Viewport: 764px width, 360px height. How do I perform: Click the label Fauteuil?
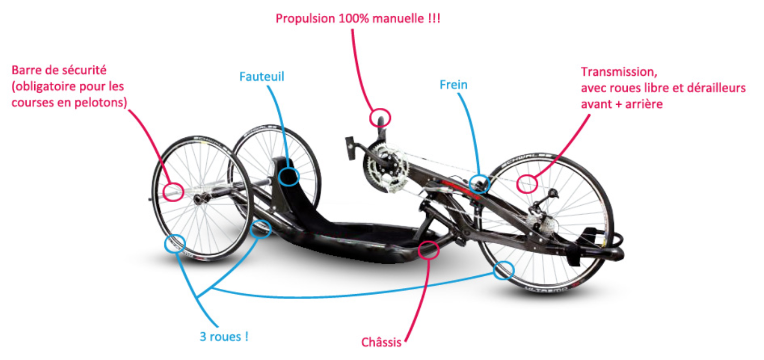pos(262,76)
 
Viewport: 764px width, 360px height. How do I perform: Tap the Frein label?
pos(453,85)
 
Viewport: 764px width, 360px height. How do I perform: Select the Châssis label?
pos(381,342)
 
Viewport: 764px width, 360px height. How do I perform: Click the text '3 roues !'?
pos(224,336)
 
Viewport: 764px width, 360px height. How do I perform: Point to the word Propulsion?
pos(305,18)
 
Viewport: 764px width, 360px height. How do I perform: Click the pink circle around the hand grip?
pos(370,118)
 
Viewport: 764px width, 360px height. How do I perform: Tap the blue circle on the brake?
pos(469,184)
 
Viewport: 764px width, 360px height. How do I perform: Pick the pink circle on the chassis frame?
pos(418,250)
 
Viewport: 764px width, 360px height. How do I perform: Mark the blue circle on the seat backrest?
pos(278,176)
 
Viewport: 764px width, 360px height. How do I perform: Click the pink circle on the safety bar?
pos(163,192)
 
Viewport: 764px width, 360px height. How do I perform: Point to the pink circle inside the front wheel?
pos(517,184)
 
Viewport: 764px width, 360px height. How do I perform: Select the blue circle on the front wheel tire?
pos(494,271)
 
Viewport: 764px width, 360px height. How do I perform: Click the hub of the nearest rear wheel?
pos(199,198)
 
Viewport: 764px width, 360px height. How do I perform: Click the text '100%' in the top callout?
pos(354,18)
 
